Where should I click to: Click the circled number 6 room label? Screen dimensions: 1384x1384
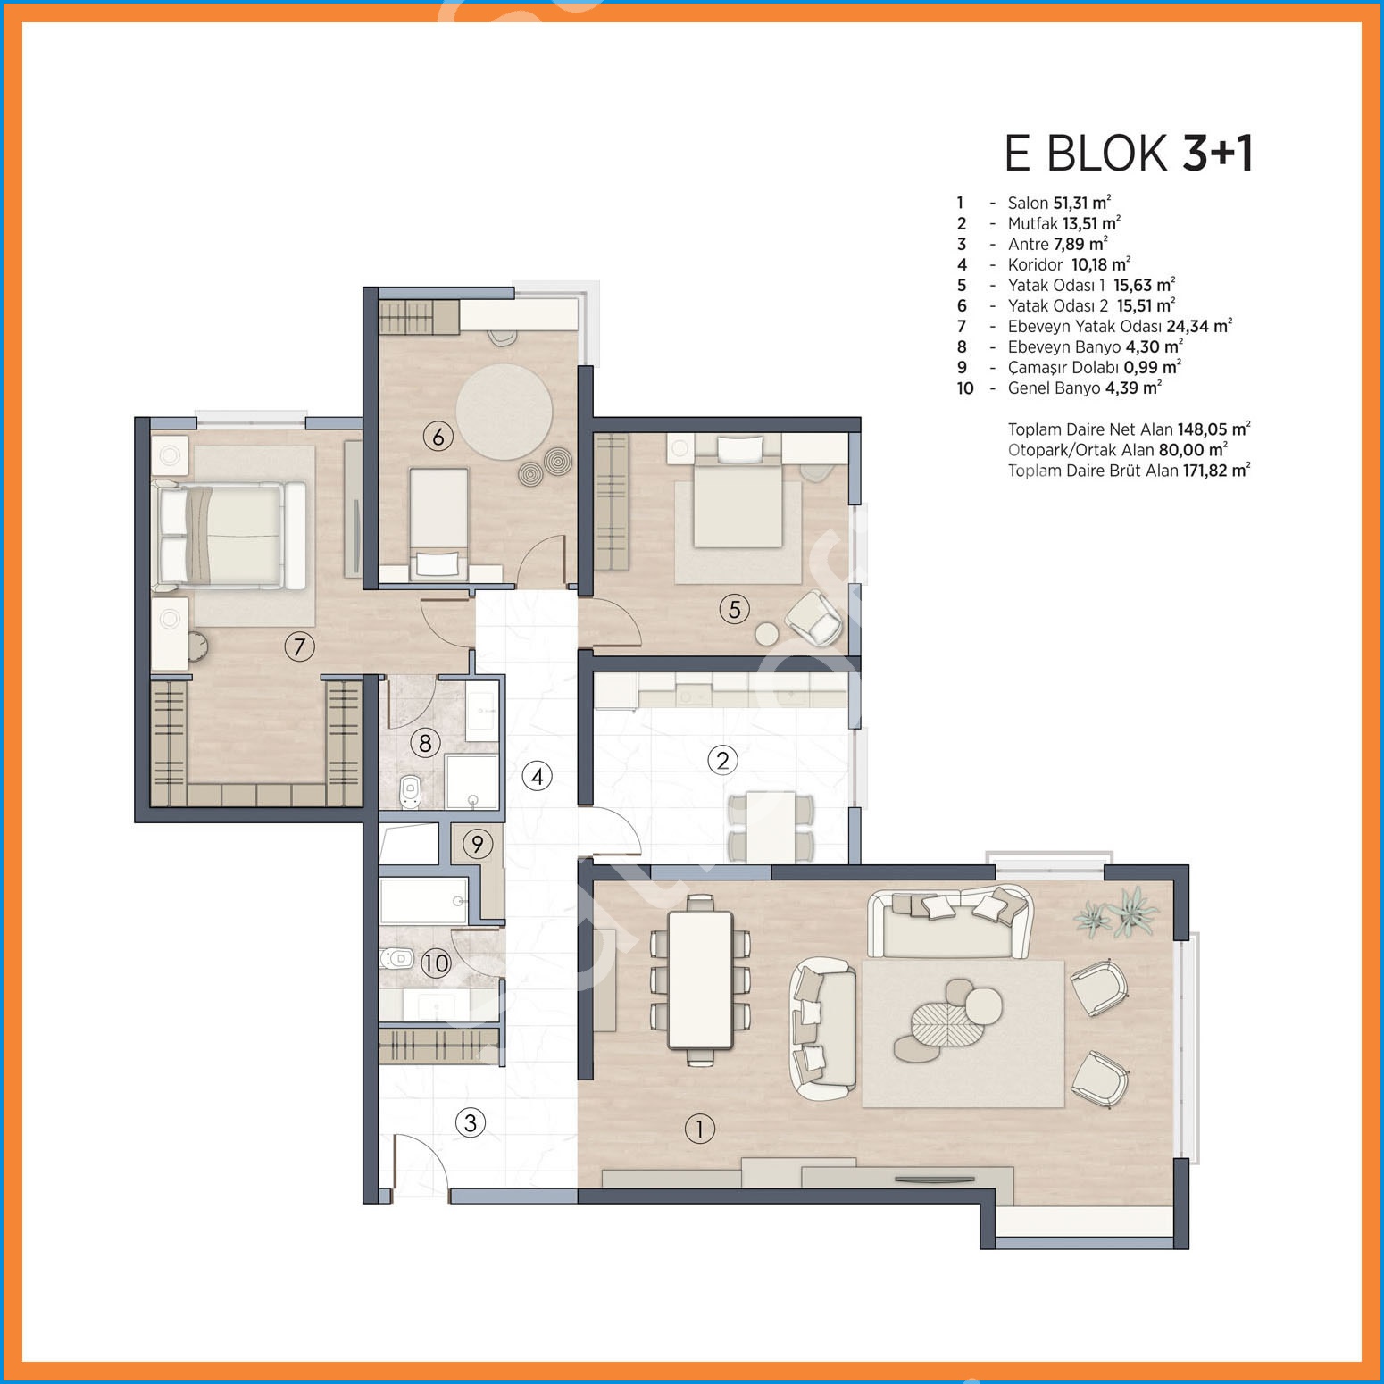[438, 437]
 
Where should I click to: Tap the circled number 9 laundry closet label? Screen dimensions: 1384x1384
[478, 844]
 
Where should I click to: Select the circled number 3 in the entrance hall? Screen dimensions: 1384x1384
[471, 1122]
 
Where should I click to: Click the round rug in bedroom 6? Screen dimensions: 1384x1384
[504, 412]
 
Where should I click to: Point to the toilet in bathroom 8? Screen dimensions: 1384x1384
[410, 790]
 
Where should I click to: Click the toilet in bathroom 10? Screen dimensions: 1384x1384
[397, 960]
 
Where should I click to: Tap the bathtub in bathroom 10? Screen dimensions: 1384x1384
[423, 900]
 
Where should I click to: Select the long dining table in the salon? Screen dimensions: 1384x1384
[701, 980]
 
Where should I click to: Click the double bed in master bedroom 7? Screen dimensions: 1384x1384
[230, 535]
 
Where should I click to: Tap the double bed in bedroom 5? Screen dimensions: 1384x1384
[738, 494]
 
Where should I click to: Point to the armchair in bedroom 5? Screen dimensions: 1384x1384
[813, 617]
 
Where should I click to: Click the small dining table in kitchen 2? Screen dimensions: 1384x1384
[771, 826]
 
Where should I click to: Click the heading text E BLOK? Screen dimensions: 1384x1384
[1086, 154]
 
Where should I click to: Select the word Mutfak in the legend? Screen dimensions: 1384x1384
[1032, 223]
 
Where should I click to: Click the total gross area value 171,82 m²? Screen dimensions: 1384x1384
[1217, 471]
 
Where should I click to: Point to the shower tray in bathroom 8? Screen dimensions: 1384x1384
[471, 781]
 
